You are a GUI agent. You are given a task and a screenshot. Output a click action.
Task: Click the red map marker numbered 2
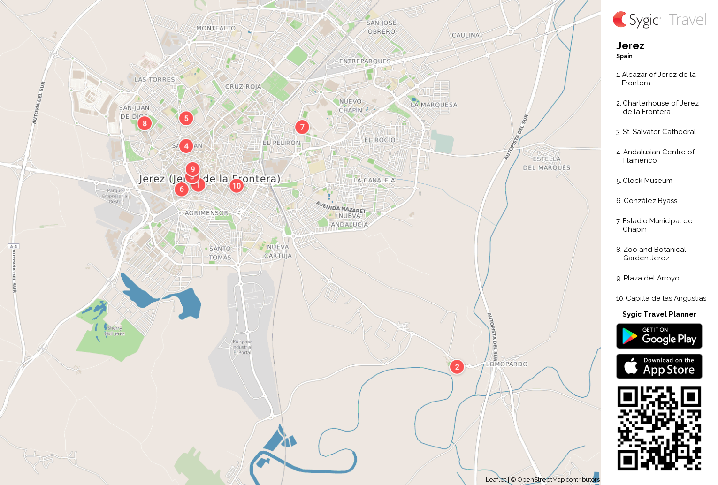click(x=457, y=367)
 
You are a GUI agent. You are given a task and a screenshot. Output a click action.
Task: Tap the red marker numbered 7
click(x=302, y=127)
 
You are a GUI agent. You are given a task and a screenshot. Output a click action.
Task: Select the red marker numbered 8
click(x=145, y=123)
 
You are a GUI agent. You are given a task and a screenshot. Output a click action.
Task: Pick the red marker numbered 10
click(x=237, y=186)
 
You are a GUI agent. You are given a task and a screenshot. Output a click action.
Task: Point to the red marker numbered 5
click(x=186, y=118)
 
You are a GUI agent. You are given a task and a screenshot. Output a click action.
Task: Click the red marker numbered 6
click(x=182, y=189)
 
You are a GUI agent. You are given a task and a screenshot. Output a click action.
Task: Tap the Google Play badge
click(x=659, y=336)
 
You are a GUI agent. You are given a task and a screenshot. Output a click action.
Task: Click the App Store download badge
click(x=659, y=366)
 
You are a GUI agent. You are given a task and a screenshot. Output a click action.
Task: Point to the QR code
click(x=659, y=428)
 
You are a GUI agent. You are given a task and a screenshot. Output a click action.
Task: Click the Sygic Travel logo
click(x=659, y=20)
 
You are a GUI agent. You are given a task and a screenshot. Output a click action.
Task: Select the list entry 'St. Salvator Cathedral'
click(x=659, y=132)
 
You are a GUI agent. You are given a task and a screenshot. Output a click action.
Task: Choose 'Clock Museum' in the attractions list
click(x=647, y=181)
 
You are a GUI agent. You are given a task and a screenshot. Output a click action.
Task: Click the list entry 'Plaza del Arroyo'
click(x=651, y=278)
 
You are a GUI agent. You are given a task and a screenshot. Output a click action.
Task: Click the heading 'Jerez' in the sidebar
click(x=630, y=46)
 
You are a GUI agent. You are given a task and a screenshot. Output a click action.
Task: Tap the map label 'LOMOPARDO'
click(x=507, y=364)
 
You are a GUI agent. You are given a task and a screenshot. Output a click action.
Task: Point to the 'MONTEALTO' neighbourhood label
click(x=216, y=28)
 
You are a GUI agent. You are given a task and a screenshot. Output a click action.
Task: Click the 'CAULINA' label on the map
click(x=466, y=35)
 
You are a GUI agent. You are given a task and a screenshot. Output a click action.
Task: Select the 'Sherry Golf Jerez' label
click(x=115, y=331)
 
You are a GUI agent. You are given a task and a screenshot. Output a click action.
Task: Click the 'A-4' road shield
click(x=14, y=246)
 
